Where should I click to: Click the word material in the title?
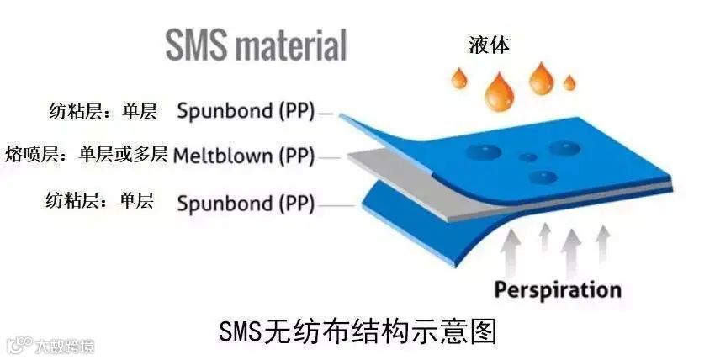point(290,45)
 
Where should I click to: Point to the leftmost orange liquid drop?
point(459,78)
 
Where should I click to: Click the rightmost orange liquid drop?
point(569,82)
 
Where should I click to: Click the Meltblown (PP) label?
point(243,156)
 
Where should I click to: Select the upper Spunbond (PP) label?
point(246,111)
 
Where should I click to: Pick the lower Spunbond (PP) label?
point(246,203)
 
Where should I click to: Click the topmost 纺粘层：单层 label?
point(101,110)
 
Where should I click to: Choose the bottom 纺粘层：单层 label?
point(101,201)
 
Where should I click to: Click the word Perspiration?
point(557,290)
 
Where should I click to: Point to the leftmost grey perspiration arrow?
point(511,252)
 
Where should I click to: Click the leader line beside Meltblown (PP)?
point(329,156)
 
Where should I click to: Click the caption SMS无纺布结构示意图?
point(357,330)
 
